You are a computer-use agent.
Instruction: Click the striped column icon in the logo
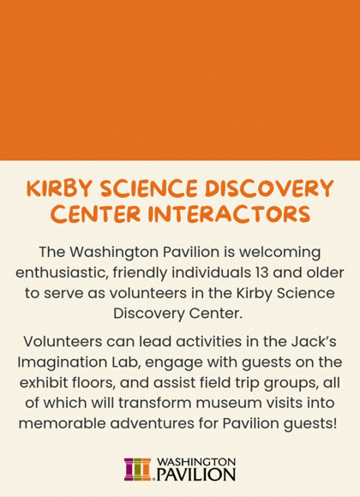pyautogui.click(x=137, y=469)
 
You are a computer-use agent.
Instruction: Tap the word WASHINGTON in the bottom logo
pyautogui.click(x=195, y=461)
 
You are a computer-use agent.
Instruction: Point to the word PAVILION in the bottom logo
pyautogui.click(x=195, y=474)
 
